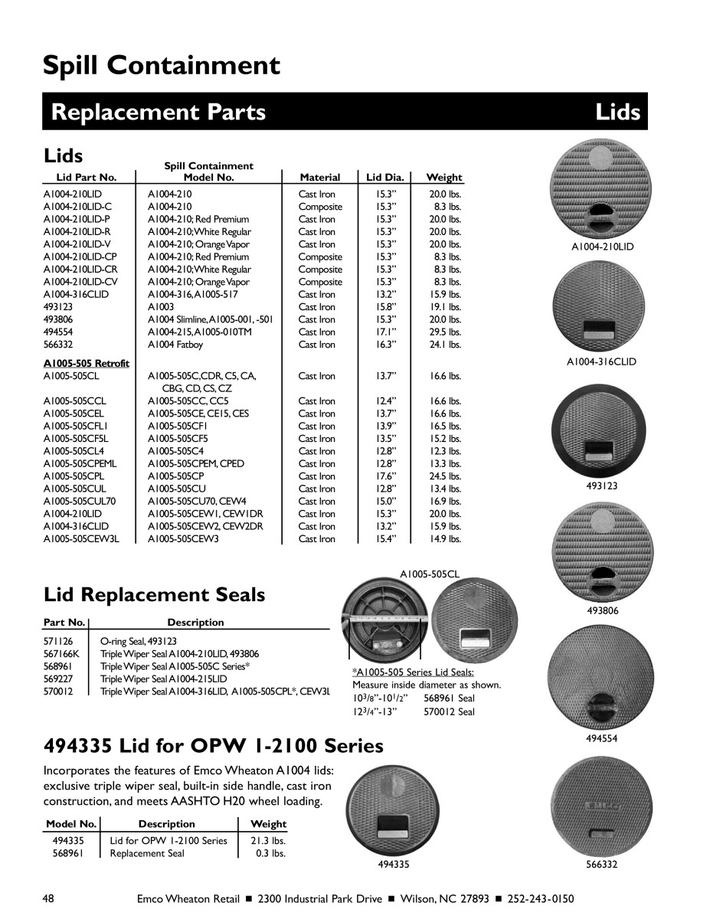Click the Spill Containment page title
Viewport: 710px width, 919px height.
[162, 66]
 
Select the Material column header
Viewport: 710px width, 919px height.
[319, 178]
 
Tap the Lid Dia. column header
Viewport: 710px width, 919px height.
[385, 178]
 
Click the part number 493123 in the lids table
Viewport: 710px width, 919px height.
[57, 307]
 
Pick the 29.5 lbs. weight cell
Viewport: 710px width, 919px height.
[445, 332]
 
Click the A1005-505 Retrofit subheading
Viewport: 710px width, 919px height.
[87, 363]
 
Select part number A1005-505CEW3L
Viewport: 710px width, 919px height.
[82, 539]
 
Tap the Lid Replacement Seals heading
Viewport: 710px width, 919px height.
[155, 594]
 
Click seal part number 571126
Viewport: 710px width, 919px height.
[57, 642]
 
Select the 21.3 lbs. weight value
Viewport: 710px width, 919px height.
[268, 841]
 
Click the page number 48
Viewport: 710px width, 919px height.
[49, 898]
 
